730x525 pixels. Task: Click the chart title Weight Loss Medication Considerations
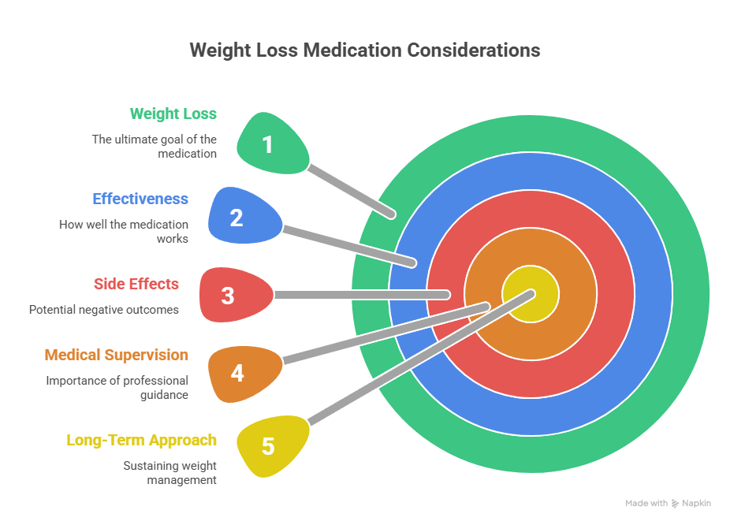pyautogui.click(x=364, y=50)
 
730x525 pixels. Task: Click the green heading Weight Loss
pyautogui.click(x=173, y=114)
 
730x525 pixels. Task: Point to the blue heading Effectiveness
pyautogui.click(x=140, y=199)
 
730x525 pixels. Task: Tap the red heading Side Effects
pyautogui.click(x=136, y=284)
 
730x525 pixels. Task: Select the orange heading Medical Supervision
pyautogui.click(x=116, y=356)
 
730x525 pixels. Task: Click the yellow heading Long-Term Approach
pyautogui.click(x=141, y=440)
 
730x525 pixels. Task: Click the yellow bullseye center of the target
pyautogui.click(x=531, y=295)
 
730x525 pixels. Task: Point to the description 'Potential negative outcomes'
pyautogui.click(x=103, y=310)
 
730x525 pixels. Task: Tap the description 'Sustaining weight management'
pyautogui.click(x=169, y=472)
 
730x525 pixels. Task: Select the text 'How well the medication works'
pyautogui.click(x=123, y=231)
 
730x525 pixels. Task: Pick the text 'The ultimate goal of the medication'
pyautogui.click(x=154, y=146)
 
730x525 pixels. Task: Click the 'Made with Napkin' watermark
pyautogui.click(x=668, y=503)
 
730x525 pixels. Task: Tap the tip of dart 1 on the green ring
pyautogui.click(x=390, y=213)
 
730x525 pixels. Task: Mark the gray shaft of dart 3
pyautogui.click(x=363, y=295)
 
